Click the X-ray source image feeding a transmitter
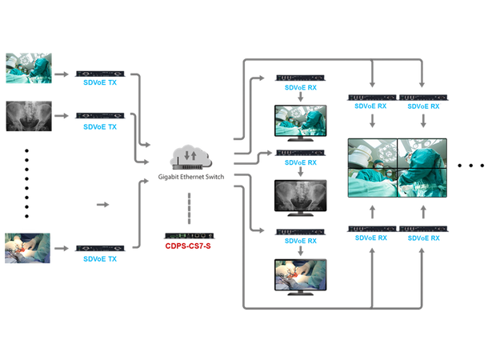tap(28, 117)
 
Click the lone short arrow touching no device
tap(102, 206)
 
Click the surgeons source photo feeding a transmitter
tap(28, 70)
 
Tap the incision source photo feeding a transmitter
tap(28, 248)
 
